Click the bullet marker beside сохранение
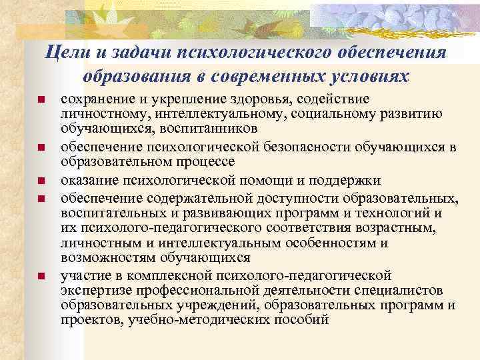(41, 100)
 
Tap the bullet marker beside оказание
(41, 181)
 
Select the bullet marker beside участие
(41, 276)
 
